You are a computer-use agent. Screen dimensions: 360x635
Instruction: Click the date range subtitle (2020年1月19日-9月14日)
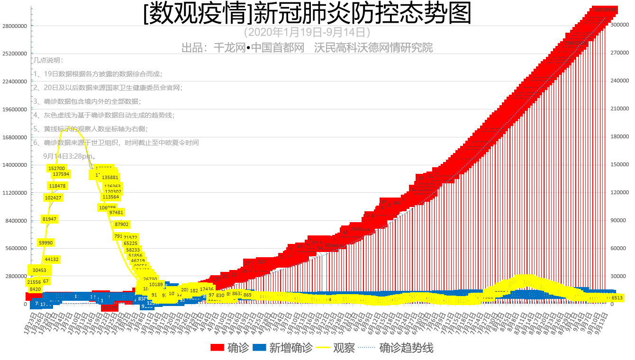[307, 33]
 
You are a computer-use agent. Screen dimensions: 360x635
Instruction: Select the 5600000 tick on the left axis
[15, 249]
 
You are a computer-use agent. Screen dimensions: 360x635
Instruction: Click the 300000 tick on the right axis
[619, 25]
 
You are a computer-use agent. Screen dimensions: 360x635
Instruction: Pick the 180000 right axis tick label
[619, 137]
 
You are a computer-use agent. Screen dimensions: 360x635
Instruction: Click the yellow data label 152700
[56, 168]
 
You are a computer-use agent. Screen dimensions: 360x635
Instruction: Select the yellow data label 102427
[53, 198]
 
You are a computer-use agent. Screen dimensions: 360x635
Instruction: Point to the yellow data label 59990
[46, 243]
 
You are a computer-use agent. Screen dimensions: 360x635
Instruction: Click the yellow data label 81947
[50, 219]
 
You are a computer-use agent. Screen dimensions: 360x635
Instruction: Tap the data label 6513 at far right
[617, 298]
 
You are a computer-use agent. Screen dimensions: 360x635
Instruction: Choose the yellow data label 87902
[121, 225]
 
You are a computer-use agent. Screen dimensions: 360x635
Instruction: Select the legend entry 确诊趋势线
[406, 348]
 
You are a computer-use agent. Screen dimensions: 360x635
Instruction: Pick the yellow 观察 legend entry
[344, 348]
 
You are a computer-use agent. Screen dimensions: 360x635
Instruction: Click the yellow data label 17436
[207, 289]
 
